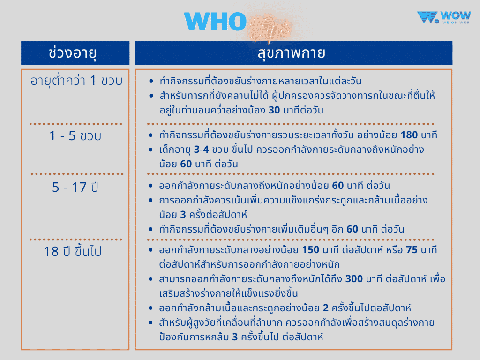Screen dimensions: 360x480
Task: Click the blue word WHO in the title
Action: click(x=215, y=22)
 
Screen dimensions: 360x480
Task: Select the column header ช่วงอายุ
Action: click(x=75, y=53)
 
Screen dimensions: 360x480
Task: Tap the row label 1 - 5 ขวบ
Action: click(x=75, y=136)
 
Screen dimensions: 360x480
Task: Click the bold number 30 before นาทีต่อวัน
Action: click(x=274, y=111)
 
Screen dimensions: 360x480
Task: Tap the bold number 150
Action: click(x=311, y=250)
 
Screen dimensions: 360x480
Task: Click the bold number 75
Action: click(x=412, y=250)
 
